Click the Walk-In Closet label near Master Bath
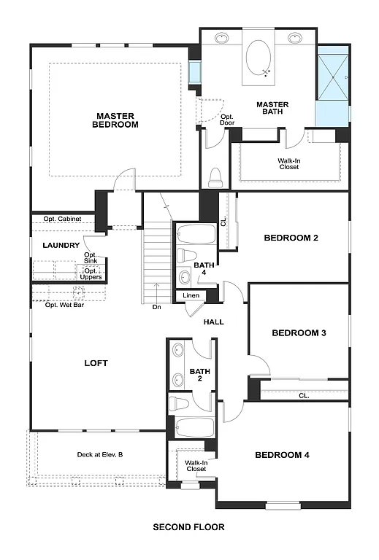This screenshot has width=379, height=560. (x=288, y=163)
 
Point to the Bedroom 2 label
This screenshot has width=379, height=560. (x=291, y=238)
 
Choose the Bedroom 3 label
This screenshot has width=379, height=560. (x=299, y=332)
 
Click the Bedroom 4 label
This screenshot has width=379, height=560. (x=282, y=455)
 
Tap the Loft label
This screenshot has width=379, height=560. (x=96, y=362)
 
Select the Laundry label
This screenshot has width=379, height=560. (x=61, y=246)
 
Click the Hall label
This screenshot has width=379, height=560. (x=213, y=322)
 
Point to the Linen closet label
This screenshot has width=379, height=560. (x=191, y=295)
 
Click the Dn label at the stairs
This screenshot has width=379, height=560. (x=156, y=307)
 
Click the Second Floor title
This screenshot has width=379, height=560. (x=188, y=526)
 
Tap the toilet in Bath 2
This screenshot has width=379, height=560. (x=180, y=402)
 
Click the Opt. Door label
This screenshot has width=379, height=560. (x=227, y=120)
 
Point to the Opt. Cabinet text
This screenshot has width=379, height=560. (x=62, y=219)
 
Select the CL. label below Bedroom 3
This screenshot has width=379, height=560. (x=303, y=396)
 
